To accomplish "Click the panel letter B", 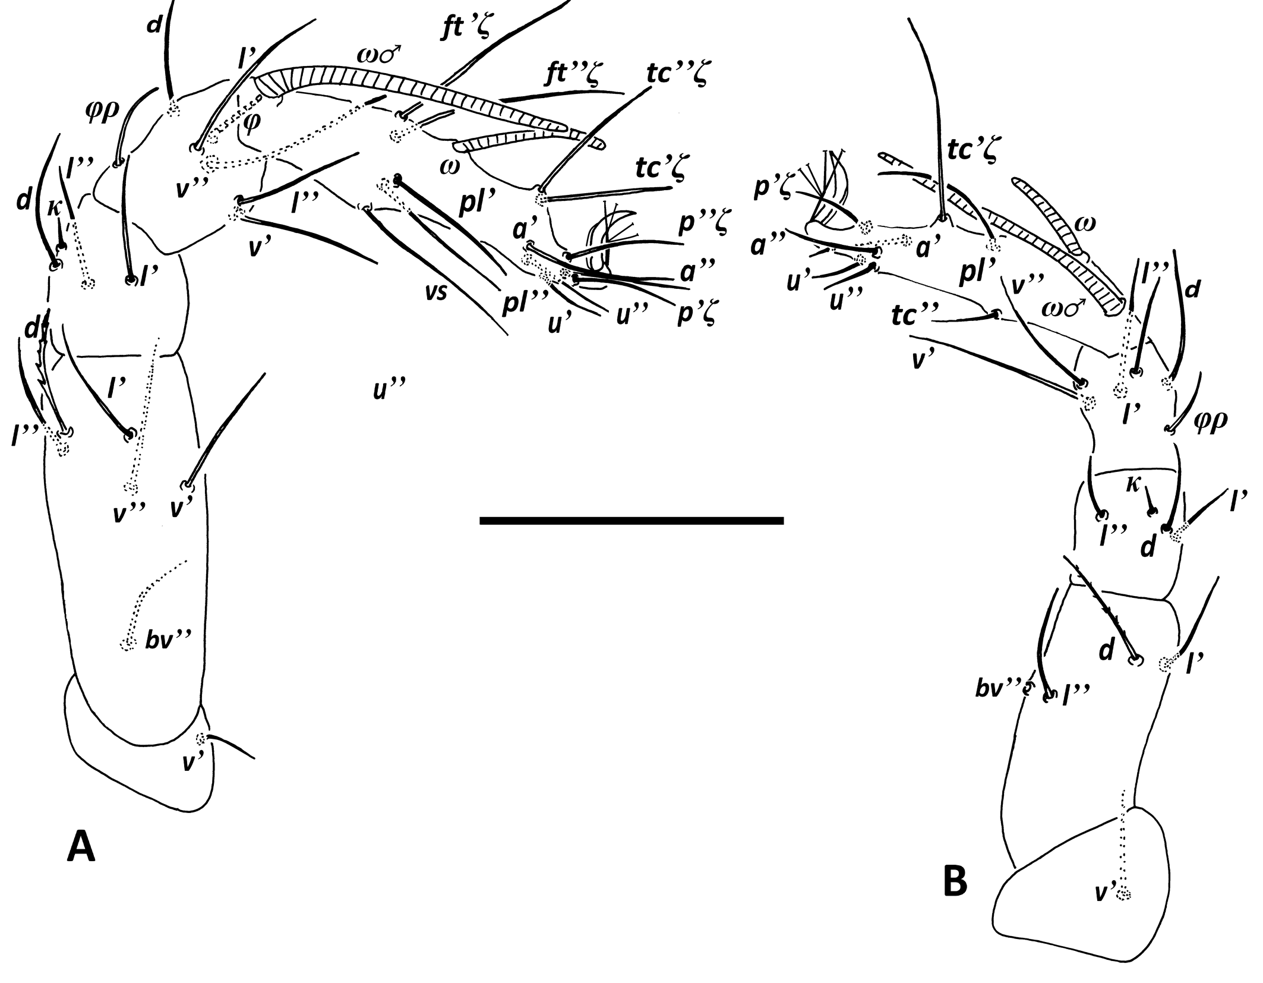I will [955, 881].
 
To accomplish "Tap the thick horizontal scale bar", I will [631, 521].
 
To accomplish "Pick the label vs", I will [435, 292].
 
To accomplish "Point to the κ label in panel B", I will [1132, 484].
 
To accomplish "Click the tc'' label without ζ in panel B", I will [912, 316].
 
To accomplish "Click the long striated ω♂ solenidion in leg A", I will [416, 95].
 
